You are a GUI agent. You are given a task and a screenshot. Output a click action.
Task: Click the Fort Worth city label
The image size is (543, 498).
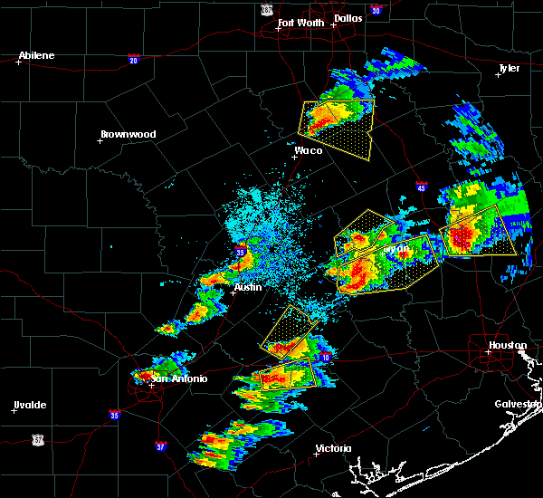tap(302, 23)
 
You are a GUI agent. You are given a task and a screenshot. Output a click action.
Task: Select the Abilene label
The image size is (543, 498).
tap(36, 55)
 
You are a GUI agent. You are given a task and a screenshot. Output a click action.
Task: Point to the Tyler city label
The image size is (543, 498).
tap(510, 68)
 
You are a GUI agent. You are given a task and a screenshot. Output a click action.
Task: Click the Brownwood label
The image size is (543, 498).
tap(128, 134)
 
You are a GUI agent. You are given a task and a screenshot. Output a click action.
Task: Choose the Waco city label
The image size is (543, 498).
tap(309, 150)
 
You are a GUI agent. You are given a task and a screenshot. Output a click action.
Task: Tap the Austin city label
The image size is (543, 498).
tap(248, 287)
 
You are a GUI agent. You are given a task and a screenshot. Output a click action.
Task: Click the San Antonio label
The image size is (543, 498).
tap(173, 378)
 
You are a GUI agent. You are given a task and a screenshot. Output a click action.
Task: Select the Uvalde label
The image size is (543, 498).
tap(29, 405)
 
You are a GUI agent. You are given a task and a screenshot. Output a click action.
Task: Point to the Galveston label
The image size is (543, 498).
tap(517, 404)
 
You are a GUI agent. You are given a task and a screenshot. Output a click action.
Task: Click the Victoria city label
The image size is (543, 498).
tap(332, 449)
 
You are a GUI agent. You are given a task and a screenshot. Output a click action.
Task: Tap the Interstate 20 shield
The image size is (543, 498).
tap(133, 60)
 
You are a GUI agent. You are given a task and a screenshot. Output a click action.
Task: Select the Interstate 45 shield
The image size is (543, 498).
tap(422, 187)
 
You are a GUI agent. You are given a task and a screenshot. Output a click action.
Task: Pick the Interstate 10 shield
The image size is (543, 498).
tap(325, 359)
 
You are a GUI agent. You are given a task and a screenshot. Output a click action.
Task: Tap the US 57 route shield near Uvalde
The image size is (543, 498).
tap(38, 438)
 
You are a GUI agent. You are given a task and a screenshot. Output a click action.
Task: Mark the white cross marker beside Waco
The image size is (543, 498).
tap(294, 157)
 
